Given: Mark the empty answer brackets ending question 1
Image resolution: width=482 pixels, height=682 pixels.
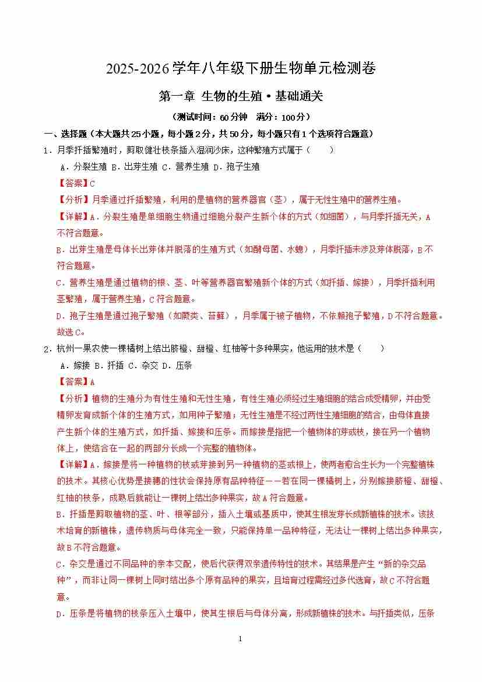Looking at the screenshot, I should click(319, 151).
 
